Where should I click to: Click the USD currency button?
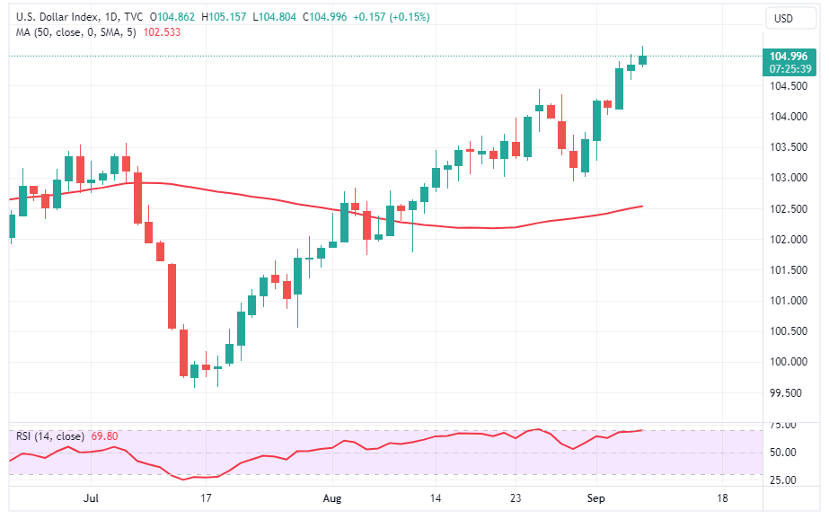tap(783, 18)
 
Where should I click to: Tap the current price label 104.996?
tap(789, 57)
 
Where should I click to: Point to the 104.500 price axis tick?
tap(787, 86)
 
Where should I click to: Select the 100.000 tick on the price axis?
tap(787, 362)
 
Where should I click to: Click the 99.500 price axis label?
tap(788, 392)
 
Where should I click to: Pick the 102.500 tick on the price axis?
tap(787, 209)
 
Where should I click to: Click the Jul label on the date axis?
tap(89, 497)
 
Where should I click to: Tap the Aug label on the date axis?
tap(333, 497)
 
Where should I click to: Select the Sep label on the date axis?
tap(597, 497)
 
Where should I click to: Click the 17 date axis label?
tap(206, 497)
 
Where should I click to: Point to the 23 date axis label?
tap(515, 497)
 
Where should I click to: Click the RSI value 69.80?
tap(103, 436)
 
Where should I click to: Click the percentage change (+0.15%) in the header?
tap(406, 17)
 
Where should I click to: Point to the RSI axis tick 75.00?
tap(784, 425)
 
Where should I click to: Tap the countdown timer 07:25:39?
tap(789, 69)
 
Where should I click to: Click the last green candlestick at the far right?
tap(643, 59)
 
